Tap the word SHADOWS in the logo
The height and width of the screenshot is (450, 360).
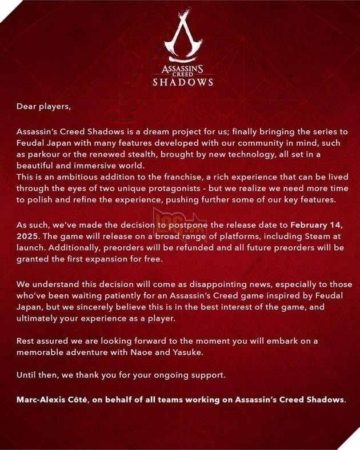[x=183, y=82]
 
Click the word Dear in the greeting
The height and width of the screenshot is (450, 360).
[x=26, y=106]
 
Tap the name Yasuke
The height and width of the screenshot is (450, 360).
[x=186, y=352]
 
